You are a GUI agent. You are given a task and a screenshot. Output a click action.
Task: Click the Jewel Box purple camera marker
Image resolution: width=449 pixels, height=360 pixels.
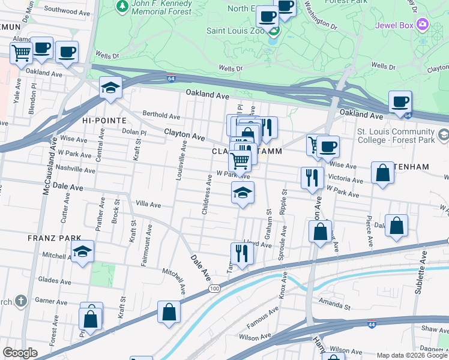pos(423,25)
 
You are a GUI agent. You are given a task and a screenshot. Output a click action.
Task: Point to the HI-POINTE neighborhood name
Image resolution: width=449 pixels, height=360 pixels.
pos(101,121)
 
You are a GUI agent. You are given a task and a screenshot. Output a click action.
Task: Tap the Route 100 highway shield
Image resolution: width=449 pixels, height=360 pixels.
pos(214,289)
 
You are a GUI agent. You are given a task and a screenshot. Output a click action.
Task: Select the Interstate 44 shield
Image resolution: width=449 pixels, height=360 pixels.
pos(372,324)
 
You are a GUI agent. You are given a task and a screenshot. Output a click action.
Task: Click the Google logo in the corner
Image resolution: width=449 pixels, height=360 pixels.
pos(20,353)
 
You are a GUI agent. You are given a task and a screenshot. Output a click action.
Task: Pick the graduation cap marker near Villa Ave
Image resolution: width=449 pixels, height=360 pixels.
pos(243,193)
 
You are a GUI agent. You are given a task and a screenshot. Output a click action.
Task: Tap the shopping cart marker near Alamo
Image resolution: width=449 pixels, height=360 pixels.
pos(21,52)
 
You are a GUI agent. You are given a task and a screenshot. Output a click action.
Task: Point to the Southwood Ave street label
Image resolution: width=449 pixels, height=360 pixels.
pos(65,10)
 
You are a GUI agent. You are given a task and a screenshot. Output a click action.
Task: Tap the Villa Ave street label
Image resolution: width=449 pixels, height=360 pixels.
pos(148,205)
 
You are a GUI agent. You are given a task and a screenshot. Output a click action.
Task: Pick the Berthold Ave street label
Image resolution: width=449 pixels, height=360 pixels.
pos(161,116)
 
